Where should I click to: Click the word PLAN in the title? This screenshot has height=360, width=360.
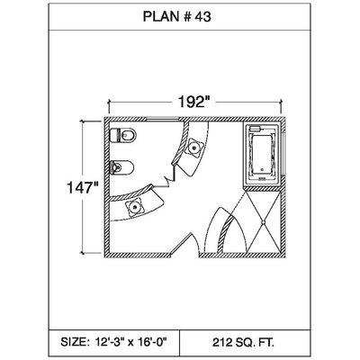point(161,17)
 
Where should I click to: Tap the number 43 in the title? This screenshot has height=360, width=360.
point(202,17)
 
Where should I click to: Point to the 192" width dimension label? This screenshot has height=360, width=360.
point(193,102)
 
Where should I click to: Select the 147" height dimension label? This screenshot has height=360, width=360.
point(83,188)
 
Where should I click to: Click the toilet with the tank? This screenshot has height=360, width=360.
point(123,136)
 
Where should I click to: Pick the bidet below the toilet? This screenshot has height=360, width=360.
point(121,167)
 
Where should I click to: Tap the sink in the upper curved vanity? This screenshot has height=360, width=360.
point(194,148)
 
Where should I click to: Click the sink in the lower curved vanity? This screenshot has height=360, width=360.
point(135,207)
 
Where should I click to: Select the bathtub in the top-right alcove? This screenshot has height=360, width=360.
point(262,154)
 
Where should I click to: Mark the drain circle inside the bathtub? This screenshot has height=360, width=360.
point(263,170)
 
